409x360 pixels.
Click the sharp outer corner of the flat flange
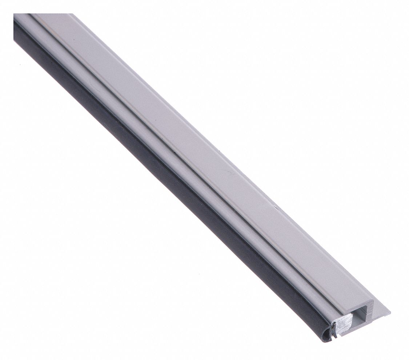(x=390, y=312)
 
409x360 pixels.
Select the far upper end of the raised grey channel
(x=55, y=15)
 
